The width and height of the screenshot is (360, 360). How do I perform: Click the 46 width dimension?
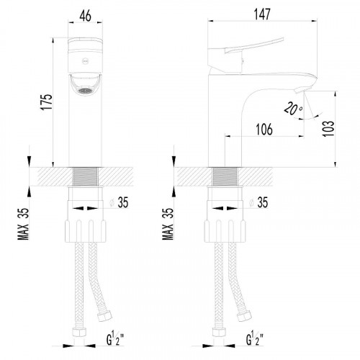86,16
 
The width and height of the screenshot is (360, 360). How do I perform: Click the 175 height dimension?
46,102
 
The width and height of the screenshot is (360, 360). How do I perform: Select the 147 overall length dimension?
262,14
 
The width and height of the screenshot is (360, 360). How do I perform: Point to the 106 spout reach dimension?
264,130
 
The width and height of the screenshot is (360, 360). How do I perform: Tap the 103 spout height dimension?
328,128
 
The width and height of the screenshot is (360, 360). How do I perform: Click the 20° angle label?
293,109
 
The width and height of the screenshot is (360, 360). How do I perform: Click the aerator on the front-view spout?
86,91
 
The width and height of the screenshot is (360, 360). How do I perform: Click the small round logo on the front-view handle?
85,61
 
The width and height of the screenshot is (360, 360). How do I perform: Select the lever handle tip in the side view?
283,39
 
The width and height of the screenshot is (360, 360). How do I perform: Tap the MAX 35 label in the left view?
23,224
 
